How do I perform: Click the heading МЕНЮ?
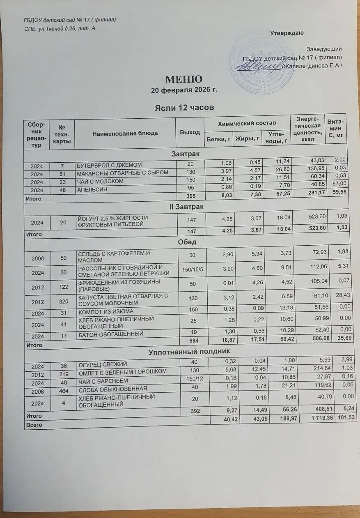click(x=184, y=79)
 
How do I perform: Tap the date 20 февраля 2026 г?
click(x=184, y=90)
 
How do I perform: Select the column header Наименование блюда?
click(x=125, y=133)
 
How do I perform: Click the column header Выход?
click(x=190, y=132)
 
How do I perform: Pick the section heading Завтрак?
click(x=185, y=154)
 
